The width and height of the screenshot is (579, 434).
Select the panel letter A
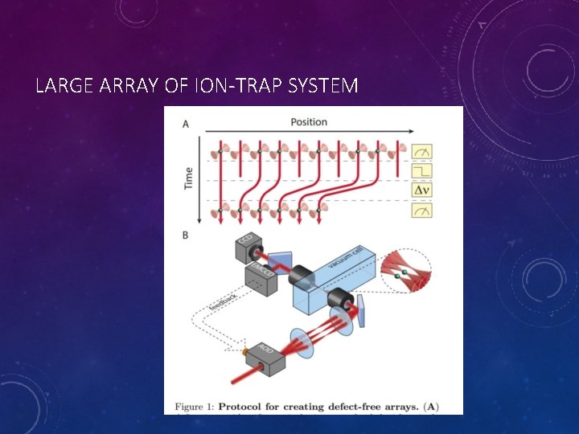(x=186, y=124)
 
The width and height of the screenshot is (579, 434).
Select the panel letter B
(x=186, y=235)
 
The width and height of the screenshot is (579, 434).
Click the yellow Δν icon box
(x=422, y=190)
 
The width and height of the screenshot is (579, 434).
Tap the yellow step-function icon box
(x=422, y=170)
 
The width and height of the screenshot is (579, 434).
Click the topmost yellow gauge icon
(x=422, y=151)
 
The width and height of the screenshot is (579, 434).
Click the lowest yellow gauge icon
(x=422, y=211)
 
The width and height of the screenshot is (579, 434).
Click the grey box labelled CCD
(x=245, y=248)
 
